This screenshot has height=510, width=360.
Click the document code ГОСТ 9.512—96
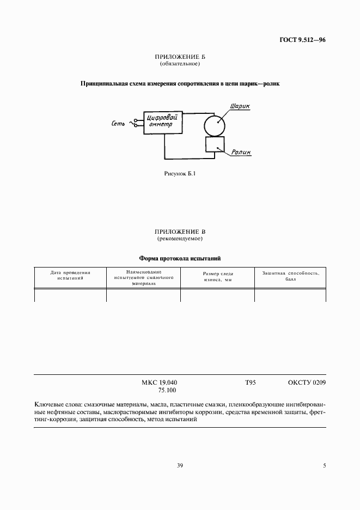pyautogui.click(x=303, y=40)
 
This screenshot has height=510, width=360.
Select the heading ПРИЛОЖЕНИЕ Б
pyautogui.click(x=180, y=57)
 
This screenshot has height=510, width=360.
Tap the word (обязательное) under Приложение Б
pyautogui.click(x=180, y=64)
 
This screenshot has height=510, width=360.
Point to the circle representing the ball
pyautogui.click(x=215, y=125)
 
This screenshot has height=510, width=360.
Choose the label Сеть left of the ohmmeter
pyautogui.click(x=118, y=124)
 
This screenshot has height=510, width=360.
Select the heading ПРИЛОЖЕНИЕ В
pyautogui.click(x=180, y=232)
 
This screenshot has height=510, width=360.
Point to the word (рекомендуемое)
pyautogui.click(x=180, y=239)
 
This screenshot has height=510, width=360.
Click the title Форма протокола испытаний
pyautogui.click(x=180, y=258)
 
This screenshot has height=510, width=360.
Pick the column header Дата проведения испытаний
pyautogui.click(x=70, y=275)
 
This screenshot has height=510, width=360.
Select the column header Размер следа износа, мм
pyautogui.click(x=217, y=277)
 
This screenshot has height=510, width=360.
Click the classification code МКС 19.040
pyautogui.click(x=160, y=382)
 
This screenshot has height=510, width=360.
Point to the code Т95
pyautogui.click(x=250, y=382)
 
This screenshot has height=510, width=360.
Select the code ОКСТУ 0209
pyautogui.click(x=307, y=382)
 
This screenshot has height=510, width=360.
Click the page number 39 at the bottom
pyautogui.click(x=180, y=465)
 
